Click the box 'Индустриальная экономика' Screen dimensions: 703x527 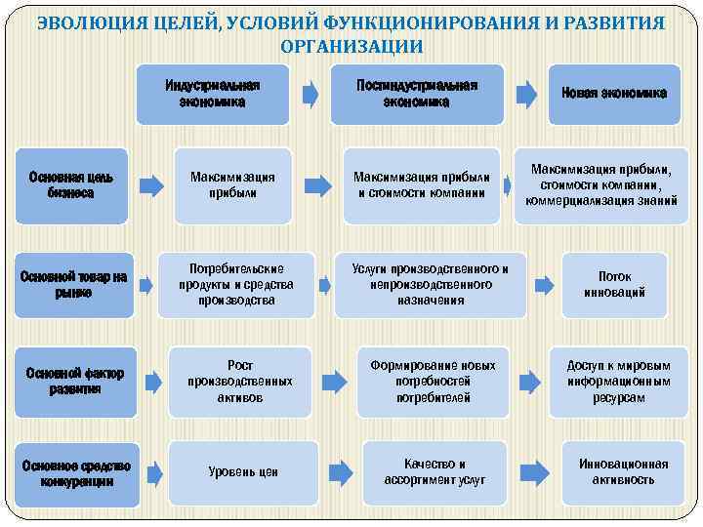point(213,94)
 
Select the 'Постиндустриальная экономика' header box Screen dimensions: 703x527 point(417,94)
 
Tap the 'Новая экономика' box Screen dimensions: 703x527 point(613,94)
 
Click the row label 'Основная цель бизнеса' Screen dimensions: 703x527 point(70,185)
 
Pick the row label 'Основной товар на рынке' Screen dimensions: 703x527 point(73,284)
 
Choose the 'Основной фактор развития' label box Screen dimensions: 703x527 point(75,381)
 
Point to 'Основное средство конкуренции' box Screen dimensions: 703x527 point(77,473)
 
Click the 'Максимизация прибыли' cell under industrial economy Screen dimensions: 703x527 point(232,185)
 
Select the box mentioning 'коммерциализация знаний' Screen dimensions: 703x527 point(600,185)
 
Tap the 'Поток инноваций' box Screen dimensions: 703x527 point(614,284)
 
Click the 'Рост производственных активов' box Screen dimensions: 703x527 point(239,382)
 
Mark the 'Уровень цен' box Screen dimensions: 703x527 point(243,472)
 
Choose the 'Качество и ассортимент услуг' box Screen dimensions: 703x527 point(434,472)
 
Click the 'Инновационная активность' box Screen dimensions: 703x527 point(616,472)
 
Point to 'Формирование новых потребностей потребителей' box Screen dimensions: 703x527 point(433,382)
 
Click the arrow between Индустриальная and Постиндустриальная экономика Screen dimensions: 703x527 point(310,94)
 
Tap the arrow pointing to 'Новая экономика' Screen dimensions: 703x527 point(525,94)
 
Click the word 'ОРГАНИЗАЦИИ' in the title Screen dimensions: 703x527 point(351,46)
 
